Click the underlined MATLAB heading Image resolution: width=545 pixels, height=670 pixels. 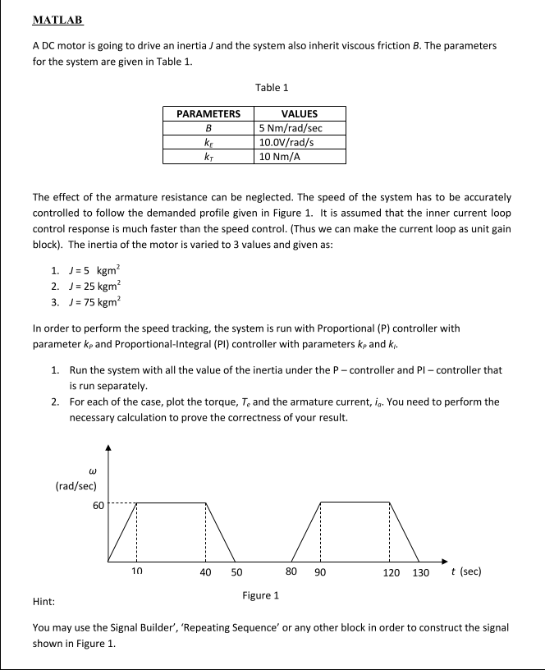(58, 20)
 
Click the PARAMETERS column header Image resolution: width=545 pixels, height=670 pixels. (208, 114)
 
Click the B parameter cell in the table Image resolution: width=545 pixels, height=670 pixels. (208, 128)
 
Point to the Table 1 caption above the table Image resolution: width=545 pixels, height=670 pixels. (272, 87)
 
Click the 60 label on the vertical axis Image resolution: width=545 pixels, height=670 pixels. (98, 504)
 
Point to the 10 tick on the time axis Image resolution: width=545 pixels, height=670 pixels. (137, 571)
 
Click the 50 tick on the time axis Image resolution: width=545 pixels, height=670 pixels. (236, 571)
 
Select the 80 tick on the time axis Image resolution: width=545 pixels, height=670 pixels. (291, 571)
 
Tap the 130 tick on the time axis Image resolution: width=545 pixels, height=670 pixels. (421, 571)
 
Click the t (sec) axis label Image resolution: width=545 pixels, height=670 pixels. (466, 571)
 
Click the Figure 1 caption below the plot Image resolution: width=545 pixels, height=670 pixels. (260, 594)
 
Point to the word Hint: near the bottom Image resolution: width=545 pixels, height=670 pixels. (44, 602)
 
